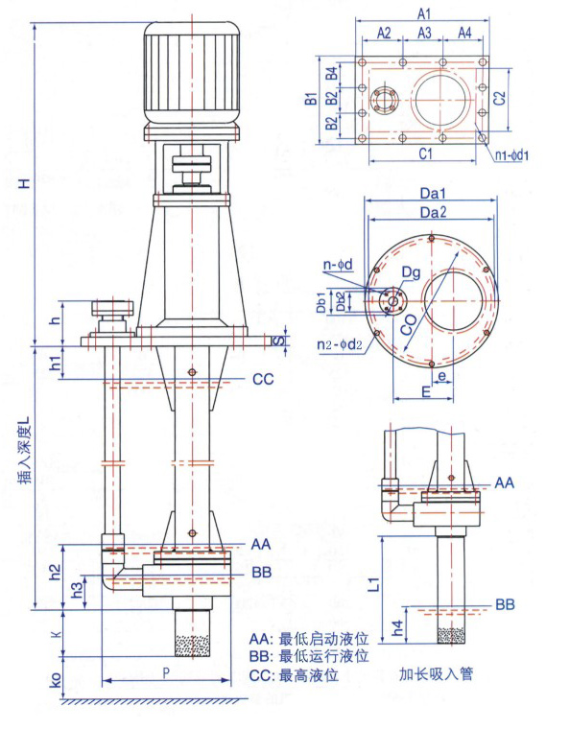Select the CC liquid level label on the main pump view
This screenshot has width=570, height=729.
(x=263, y=380)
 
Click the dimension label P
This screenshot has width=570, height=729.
(x=166, y=672)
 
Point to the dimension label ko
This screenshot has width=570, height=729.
(x=56, y=680)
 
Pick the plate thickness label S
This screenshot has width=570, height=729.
(x=278, y=341)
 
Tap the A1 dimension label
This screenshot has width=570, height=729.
(x=423, y=14)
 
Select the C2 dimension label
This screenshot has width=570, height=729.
(x=499, y=98)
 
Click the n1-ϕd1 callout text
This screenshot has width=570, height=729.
(x=511, y=154)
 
